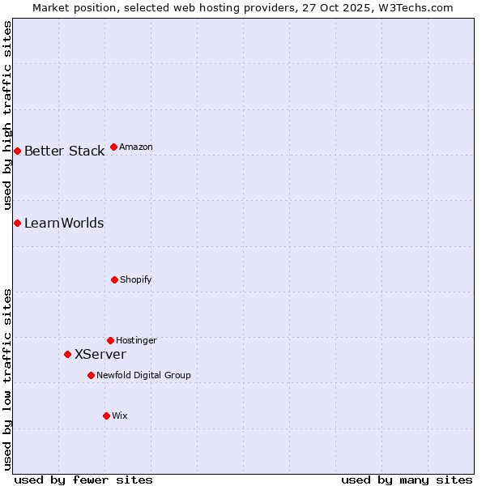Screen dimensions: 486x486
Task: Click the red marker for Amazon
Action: tap(114, 147)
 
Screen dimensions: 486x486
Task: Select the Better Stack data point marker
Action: tap(17, 151)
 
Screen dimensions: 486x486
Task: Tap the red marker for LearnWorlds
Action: tap(17, 223)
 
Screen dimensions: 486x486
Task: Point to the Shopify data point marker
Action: tap(114, 279)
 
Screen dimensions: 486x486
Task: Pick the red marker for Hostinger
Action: tap(110, 340)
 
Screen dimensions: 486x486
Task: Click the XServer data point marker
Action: tap(68, 354)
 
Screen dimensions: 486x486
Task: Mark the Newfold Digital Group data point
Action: tap(91, 375)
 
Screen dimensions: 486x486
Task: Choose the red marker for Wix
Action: tap(106, 416)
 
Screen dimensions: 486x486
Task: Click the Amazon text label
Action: tap(136, 147)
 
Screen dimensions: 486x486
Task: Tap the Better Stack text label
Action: tap(64, 151)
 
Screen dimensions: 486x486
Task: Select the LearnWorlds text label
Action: tap(64, 223)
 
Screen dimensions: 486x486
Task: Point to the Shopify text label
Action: tap(136, 279)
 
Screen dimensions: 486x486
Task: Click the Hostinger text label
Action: tap(136, 340)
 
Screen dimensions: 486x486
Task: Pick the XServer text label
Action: tap(100, 354)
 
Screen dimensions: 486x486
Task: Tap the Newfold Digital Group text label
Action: tap(143, 375)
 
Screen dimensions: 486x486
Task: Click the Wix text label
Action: tap(120, 416)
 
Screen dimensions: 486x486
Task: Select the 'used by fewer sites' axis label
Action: tap(83, 480)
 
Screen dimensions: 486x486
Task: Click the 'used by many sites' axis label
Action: tap(407, 480)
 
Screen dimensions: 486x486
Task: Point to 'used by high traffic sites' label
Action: tap(7, 115)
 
